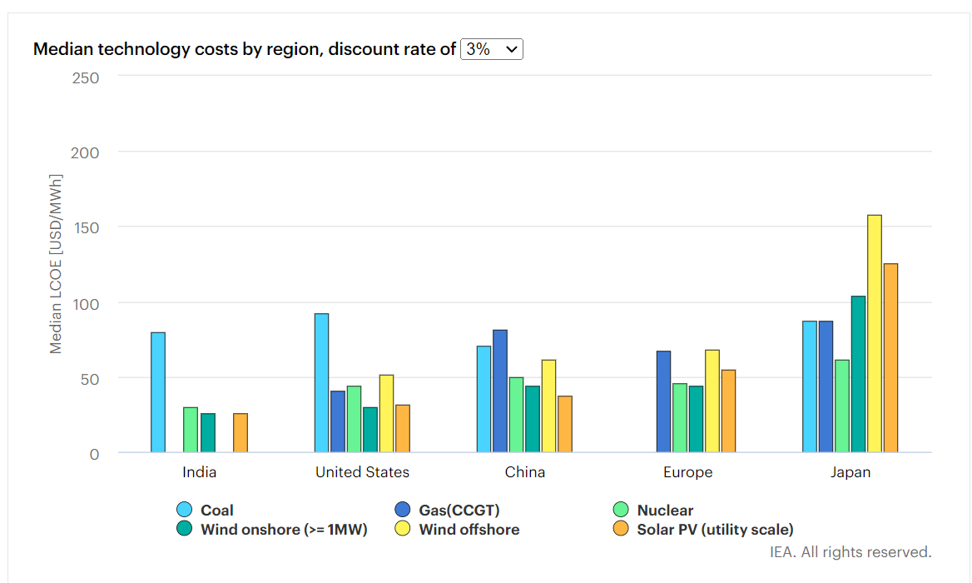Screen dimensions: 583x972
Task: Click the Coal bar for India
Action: tap(158, 392)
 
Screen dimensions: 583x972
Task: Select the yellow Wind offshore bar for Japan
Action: tap(875, 334)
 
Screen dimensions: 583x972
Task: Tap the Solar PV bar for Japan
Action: tap(890, 358)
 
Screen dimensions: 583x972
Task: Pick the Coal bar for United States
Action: tap(321, 383)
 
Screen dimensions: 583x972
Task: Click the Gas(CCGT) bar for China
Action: tap(500, 391)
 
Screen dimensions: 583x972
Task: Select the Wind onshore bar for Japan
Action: tap(858, 374)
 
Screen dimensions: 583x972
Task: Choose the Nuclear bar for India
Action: tap(191, 430)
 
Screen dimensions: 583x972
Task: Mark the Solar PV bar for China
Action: tap(565, 424)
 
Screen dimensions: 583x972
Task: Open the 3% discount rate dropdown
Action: tap(492, 49)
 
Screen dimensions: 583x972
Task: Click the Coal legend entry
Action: tap(216, 511)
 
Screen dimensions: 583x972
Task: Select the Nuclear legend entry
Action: tap(664, 511)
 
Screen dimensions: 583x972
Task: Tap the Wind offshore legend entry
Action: tap(469, 530)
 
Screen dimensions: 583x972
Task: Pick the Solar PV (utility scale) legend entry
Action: tap(714, 530)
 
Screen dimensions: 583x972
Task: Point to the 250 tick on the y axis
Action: tap(85, 77)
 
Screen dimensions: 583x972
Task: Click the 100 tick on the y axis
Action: tap(85, 303)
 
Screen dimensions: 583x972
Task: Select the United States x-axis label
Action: tap(362, 472)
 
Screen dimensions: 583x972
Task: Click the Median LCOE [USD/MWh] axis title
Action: tap(56, 264)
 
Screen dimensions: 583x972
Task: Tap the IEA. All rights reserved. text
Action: tap(850, 552)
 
